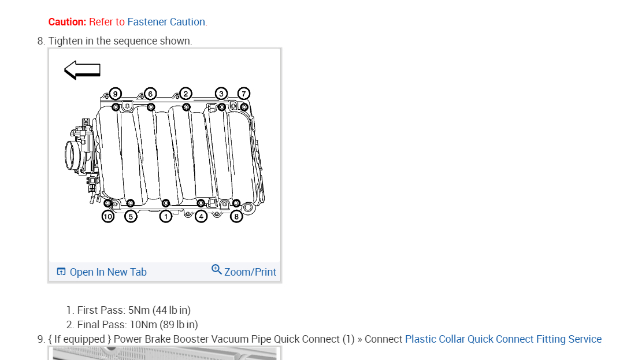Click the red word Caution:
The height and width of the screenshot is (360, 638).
click(67, 22)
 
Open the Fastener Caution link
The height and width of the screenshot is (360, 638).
click(166, 22)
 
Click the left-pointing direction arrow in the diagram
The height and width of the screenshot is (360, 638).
click(82, 70)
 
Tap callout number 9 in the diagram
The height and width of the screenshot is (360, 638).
click(115, 94)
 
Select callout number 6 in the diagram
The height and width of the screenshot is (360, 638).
click(150, 94)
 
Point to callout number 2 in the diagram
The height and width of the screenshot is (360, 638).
click(186, 94)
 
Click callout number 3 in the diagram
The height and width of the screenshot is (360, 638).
click(221, 94)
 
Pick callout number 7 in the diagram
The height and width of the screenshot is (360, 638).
click(243, 94)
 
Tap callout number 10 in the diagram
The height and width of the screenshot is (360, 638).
click(108, 217)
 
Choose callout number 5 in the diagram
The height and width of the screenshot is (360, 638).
click(131, 217)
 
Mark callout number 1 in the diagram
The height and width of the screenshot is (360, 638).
click(166, 217)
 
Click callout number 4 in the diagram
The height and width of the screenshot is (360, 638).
click(201, 217)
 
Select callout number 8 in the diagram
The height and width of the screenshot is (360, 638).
click(236, 217)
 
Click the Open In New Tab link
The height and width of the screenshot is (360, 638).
click(108, 272)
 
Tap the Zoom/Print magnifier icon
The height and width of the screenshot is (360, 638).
click(217, 270)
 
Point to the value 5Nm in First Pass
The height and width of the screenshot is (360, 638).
click(139, 310)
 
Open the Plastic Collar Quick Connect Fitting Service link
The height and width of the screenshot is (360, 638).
click(503, 339)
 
